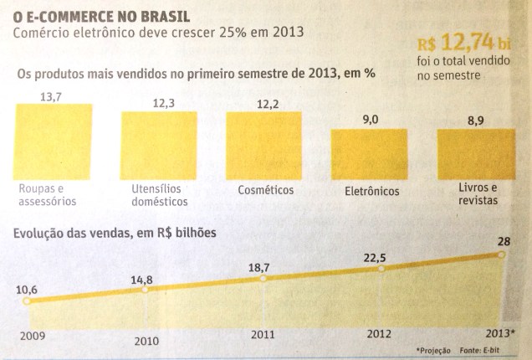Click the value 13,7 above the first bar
click(52, 98)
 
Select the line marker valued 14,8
click(146, 289)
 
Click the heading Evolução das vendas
click(113, 233)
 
